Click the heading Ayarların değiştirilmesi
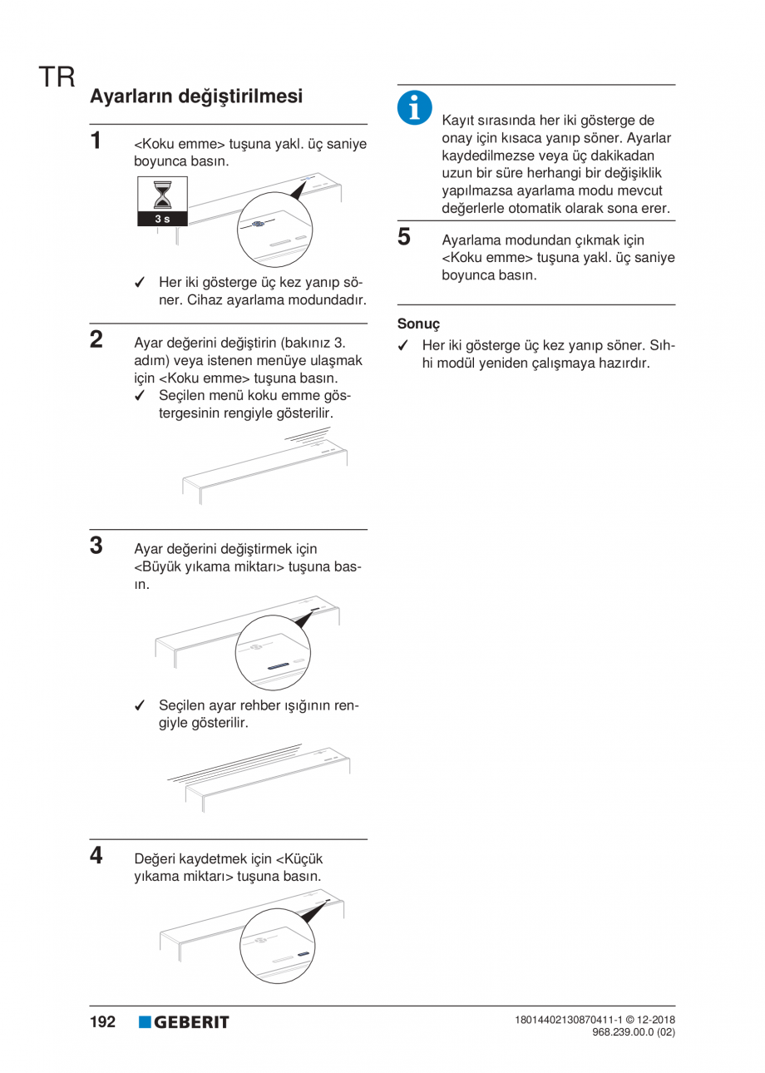195,96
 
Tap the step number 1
97,140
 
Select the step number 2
97,339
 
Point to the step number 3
97,546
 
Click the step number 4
97,855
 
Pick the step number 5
404,238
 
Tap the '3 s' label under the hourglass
161,219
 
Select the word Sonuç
418,324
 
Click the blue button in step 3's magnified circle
276,666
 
